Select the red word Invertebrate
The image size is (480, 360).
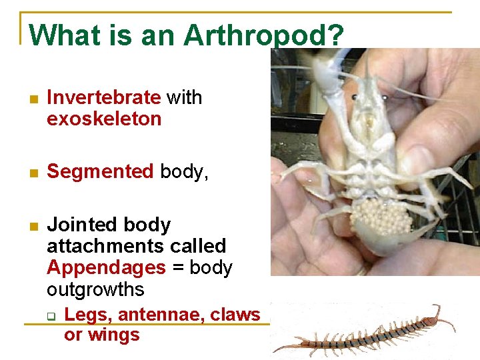[x=104, y=97]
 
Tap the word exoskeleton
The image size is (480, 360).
[x=104, y=119]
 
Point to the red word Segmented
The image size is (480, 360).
[x=100, y=171]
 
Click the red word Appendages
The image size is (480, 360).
[x=106, y=267]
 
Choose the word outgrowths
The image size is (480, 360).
[x=95, y=289]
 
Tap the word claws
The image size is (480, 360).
[x=235, y=314]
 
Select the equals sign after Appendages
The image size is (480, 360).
[x=177, y=268]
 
